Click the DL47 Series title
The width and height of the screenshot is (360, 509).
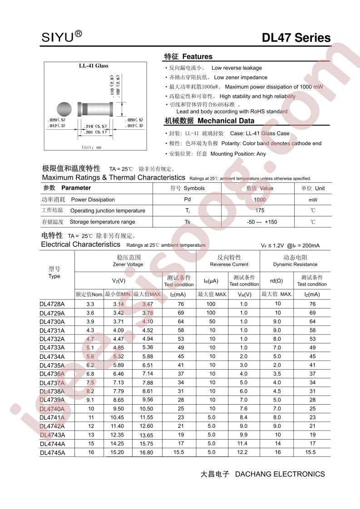(x=296, y=38)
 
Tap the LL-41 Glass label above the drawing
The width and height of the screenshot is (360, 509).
(x=94, y=66)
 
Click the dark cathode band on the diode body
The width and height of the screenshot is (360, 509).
(x=84, y=109)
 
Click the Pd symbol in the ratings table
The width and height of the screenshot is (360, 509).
(x=187, y=200)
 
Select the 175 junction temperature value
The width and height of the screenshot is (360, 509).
(x=260, y=210)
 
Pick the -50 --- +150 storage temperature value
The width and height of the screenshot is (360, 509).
(x=261, y=222)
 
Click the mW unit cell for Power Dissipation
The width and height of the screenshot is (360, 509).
(x=313, y=200)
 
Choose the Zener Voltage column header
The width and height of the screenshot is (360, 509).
(x=128, y=261)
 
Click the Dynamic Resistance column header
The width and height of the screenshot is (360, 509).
(x=295, y=261)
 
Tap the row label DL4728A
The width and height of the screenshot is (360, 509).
(x=52, y=304)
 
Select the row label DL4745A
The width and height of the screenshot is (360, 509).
(x=52, y=452)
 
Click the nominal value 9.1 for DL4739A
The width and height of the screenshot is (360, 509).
(x=90, y=400)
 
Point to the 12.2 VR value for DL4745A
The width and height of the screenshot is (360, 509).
(x=243, y=452)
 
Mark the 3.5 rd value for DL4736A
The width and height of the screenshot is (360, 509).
(x=277, y=374)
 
